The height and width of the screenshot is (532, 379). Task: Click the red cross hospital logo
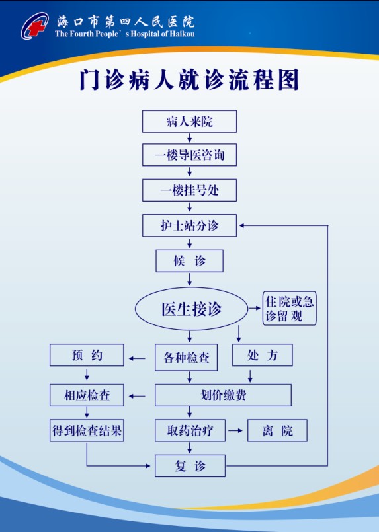(34, 26)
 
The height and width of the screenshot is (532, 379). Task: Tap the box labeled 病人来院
(189, 121)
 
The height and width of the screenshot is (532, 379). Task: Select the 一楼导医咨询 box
(189, 155)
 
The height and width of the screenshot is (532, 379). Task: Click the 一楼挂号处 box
(189, 190)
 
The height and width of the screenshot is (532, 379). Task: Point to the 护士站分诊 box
(189, 225)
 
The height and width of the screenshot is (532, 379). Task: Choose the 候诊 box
(189, 261)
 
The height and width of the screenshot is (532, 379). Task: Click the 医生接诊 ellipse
(192, 309)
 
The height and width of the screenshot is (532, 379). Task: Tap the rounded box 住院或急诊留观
(289, 308)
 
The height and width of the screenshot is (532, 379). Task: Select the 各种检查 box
(186, 358)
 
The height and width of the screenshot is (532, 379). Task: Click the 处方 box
(262, 355)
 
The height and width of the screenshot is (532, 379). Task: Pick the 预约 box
(87, 355)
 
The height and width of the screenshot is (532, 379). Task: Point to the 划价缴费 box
(223, 395)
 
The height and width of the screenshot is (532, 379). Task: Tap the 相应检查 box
(87, 395)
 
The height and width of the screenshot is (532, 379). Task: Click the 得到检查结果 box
(87, 430)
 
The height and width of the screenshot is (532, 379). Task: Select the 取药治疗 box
(190, 430)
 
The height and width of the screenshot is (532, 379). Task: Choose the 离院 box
(277, 430)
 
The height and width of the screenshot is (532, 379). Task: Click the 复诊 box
(190, 466)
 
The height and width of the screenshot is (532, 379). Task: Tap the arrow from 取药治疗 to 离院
(235, 430)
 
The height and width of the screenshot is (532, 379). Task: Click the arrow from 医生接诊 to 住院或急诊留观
(255, 308)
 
